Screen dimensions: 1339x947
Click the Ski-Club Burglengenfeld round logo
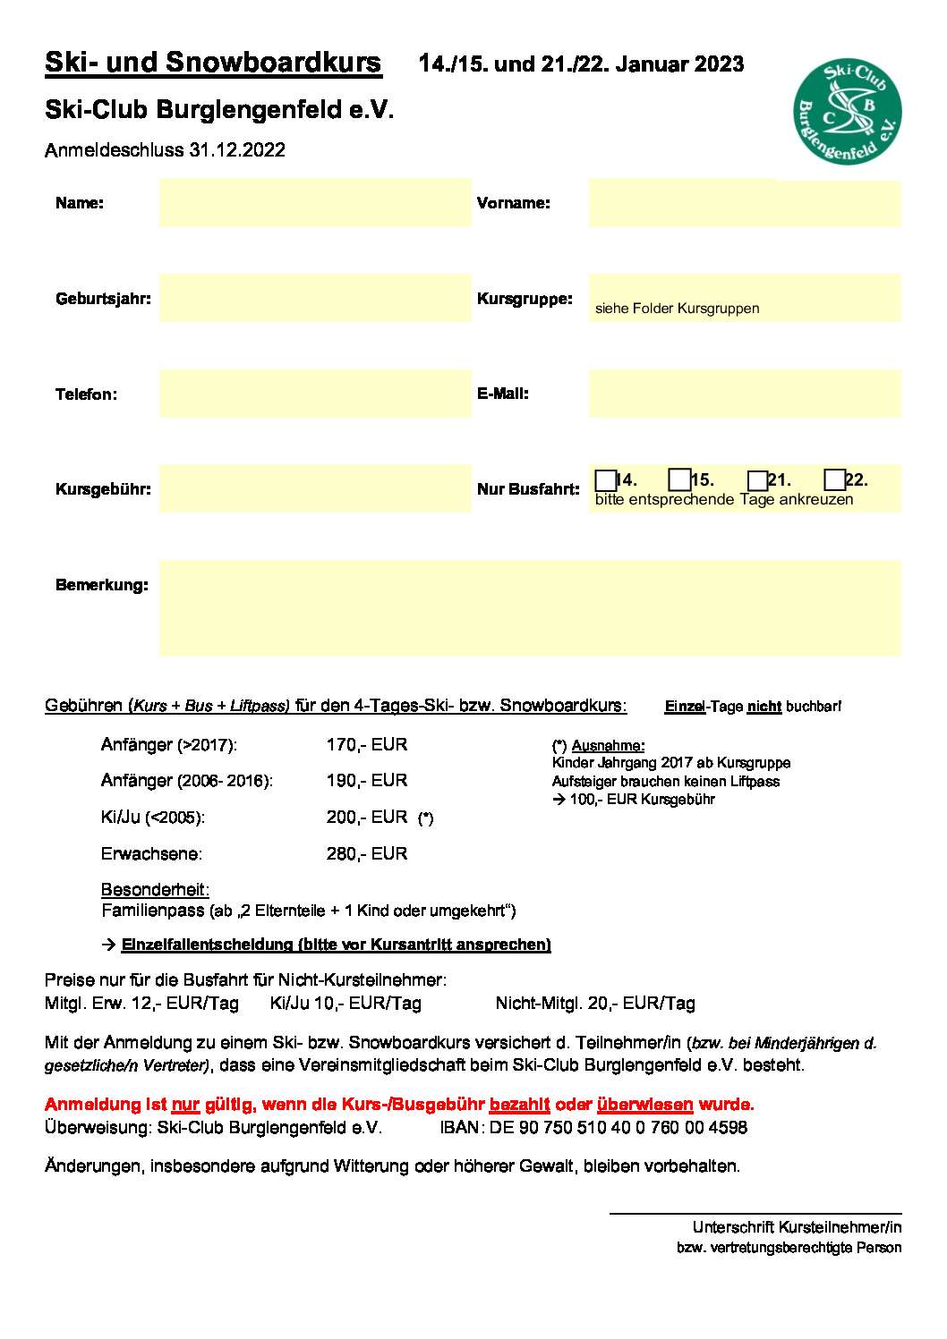(x=847, y=112)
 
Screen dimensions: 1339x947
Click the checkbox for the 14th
(x=605, y=480)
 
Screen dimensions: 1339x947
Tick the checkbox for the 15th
(x=679, y=480)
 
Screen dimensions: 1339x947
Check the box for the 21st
(x=757, y=480)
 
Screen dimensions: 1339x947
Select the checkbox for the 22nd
(x=834, y=480)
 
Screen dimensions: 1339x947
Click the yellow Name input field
(x=314, y=202)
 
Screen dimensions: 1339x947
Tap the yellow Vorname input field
(x=744, y=202)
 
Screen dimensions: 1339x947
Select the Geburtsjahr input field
(x=314, y=298)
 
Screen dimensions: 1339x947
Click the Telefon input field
(x=314, y=394)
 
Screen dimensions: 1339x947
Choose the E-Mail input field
(x=744, y=394)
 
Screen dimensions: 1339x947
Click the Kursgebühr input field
(x=314, y=488)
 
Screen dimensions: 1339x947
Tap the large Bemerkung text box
(x=529, y=608)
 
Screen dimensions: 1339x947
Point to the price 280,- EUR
(x=367, y=853)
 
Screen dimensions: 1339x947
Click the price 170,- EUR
(x=367, y=744)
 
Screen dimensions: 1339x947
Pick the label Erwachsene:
(x=151, y=853)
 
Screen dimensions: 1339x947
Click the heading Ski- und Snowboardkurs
(x=213, y=63)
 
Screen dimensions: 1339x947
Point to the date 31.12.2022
(x=236, y=150)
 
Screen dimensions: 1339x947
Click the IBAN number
(x=618, y=1127)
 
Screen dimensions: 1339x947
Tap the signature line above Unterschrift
(x=755, y=1213)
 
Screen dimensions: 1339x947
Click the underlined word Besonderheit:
(x=155, y=890)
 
